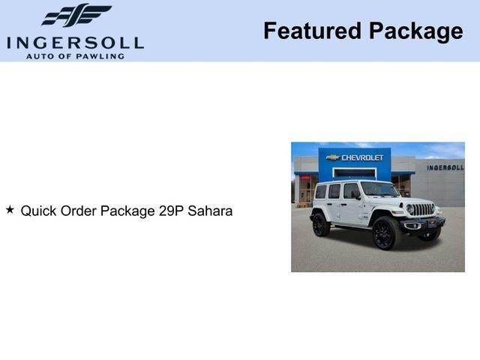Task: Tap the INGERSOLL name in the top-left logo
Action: (75, 42)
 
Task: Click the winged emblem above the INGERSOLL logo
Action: (76, 16)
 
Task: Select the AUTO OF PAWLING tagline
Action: (75, 56)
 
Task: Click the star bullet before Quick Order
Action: (10, 210)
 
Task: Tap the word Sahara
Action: (210, 211)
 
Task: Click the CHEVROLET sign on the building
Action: (362, 157)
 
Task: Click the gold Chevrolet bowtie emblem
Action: (333, 157)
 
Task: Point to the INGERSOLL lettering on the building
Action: (445, 167)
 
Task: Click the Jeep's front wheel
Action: (385, 233)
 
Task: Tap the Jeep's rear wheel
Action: (321, 224)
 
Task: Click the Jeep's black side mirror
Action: (357, 195)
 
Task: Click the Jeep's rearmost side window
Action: (320, 192)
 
